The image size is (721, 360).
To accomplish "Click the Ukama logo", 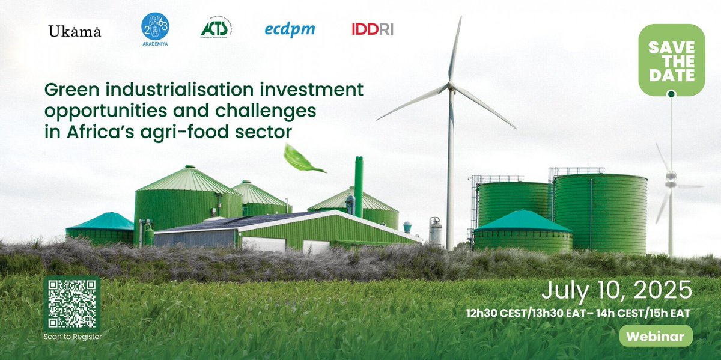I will pos(75,31).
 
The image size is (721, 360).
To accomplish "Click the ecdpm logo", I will pos(290,29).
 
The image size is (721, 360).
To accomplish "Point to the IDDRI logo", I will pos(373,29).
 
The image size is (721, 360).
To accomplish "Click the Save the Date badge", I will pos(671,60).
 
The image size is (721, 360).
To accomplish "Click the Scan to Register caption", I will pos(72,337).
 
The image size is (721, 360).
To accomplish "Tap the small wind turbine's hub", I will pos(671,177).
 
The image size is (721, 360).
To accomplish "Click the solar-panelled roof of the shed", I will pos(240,221).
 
